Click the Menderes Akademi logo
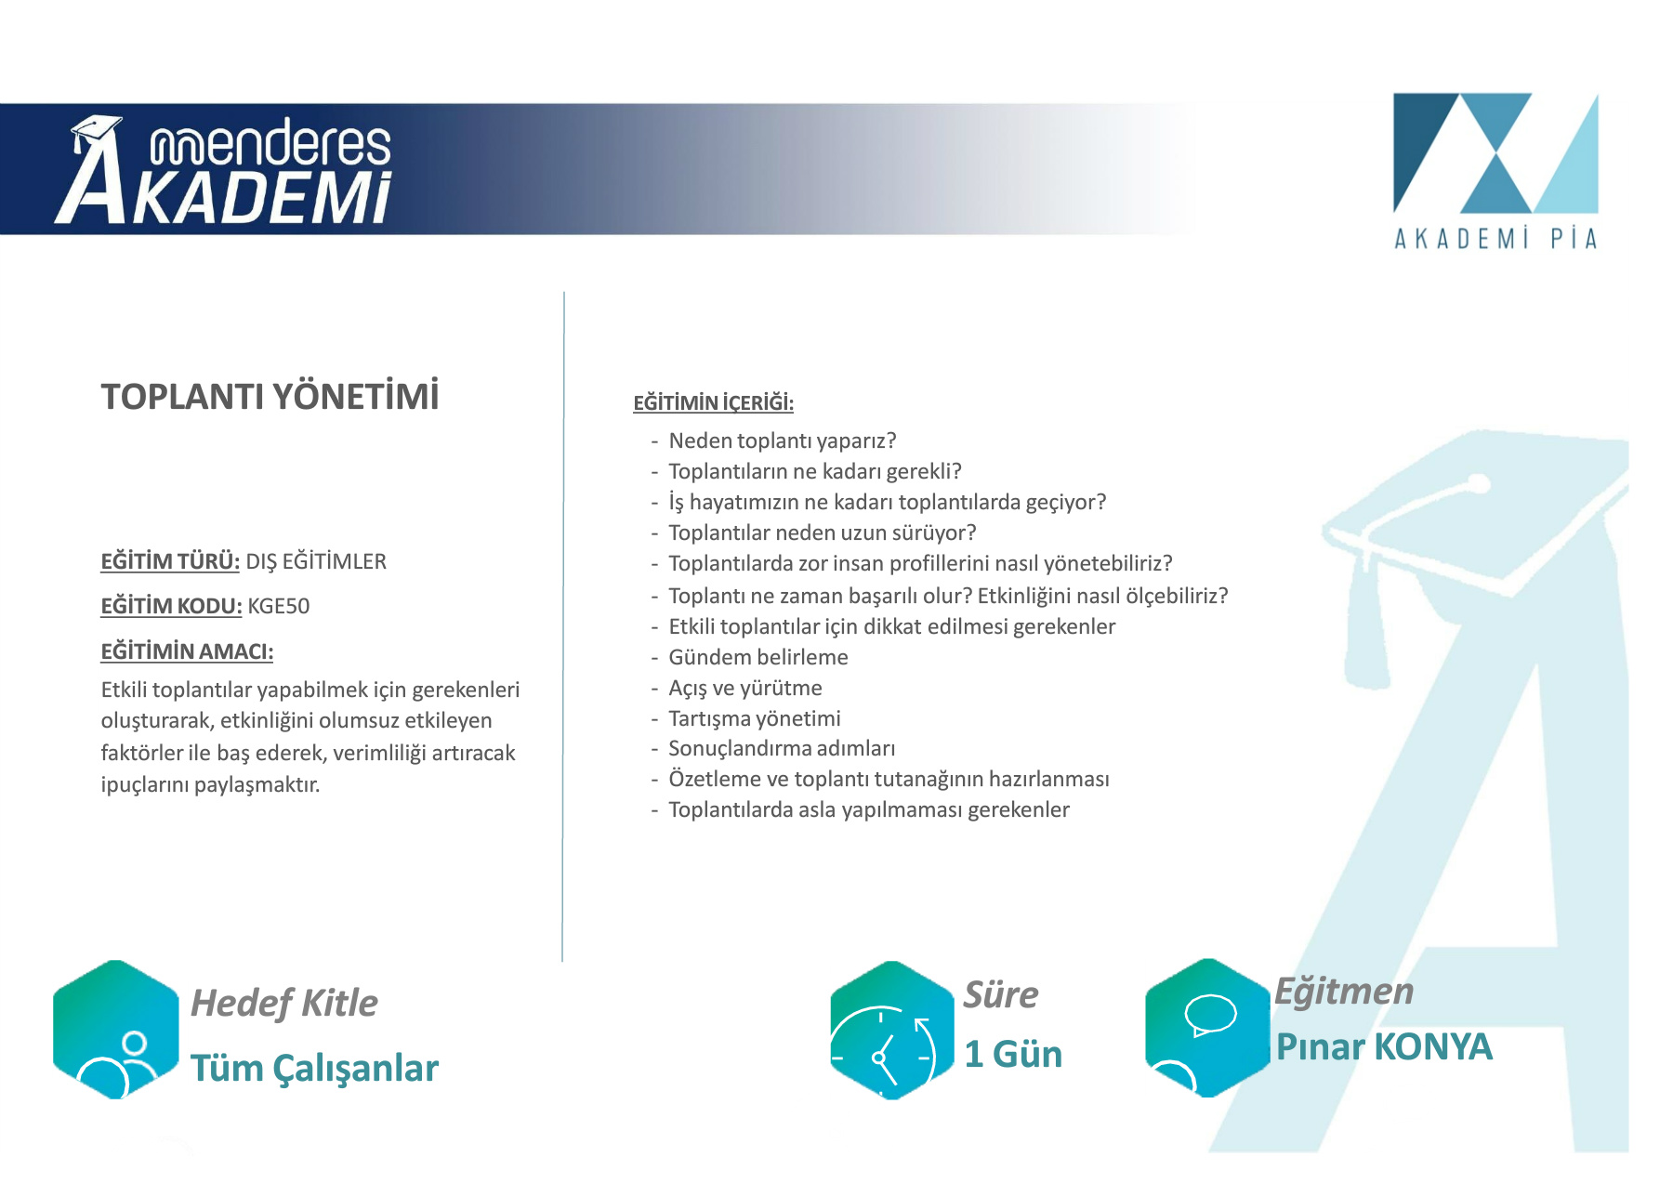tap(223, 170)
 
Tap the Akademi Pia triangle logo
tap(1495, 153)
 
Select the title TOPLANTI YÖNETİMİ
tap(270, 397)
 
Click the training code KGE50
tap(279, 606)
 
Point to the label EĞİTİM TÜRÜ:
tap(170, 561)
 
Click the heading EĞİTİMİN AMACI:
tap(187, 651)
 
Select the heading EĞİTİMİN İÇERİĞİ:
tap(713, 402)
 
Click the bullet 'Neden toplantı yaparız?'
tap(782, 440)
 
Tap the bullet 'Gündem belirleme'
tap(758, 657)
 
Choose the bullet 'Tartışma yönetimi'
tap(755, 718)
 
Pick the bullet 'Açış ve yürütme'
tap(745, 688)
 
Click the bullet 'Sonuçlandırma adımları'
tap(782, 748)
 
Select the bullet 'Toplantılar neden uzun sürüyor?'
tap(823, 532)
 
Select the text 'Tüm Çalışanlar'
tap(314, 1069)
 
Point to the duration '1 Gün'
tap(1013, 1054)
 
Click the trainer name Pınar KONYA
tap(1384, 1046)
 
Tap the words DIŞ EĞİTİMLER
tap(316, 561)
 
